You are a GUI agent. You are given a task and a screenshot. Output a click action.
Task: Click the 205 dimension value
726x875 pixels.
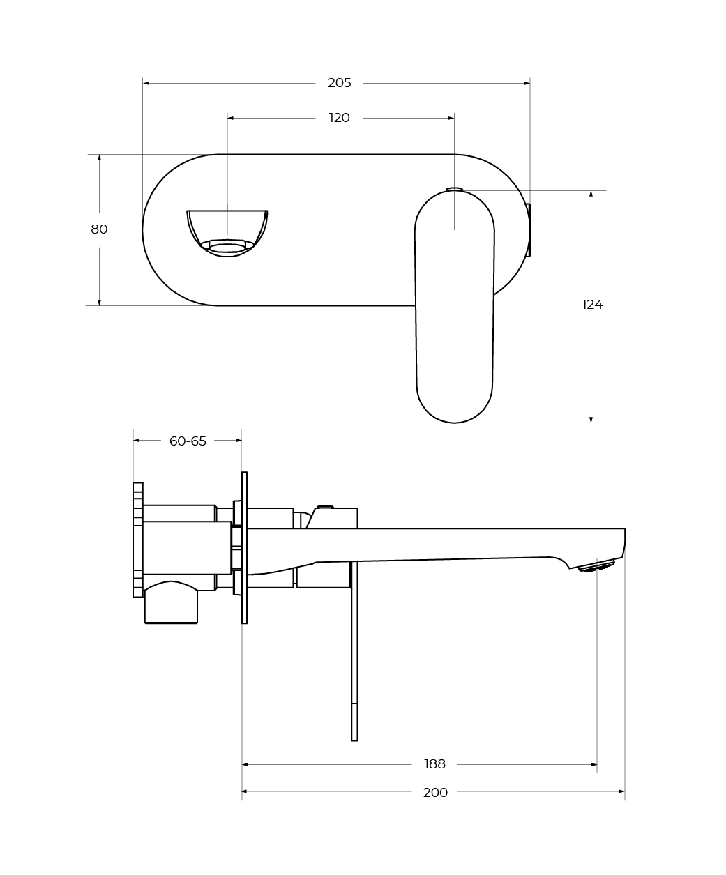pyautogui.click(x=339, y=83)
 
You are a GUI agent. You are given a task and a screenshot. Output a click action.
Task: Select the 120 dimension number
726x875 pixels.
pyautogui.click(x=339, y=118)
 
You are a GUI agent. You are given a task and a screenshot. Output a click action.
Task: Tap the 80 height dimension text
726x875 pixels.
pyautogui.click(x=99, y=229)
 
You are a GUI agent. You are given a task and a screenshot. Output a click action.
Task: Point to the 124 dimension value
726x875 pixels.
pyautogui.click(x=592, y=305)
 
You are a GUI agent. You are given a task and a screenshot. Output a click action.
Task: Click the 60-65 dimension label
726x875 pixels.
pyautogui.click(x=188, y=441)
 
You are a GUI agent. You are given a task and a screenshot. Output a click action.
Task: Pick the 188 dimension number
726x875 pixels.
pyautogui.click(x=434, y=764)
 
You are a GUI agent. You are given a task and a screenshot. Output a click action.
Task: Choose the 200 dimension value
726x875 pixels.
pyautogui.click(x=435, y=792)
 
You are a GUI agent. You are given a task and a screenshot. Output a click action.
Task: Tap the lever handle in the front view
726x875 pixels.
pyautogui.click(x=455, y=307)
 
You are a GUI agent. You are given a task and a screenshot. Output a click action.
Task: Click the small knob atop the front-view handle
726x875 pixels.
pyautogui.click(x=454, y=188)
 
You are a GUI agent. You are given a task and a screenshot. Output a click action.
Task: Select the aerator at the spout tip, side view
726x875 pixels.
pyautogui.click(x=597, y=565)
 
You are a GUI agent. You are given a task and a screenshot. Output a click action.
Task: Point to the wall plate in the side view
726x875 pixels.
pyautogui.click(x=244, y=547)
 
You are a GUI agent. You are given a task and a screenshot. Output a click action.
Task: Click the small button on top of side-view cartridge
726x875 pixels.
pyautogui.click(x=324, y=507)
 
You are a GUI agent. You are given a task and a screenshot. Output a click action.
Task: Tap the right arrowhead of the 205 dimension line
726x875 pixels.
pyautogui.click(x=527, y=83)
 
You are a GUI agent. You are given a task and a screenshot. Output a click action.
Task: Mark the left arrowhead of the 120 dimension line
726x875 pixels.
pyautogui.click(x=231, y=118)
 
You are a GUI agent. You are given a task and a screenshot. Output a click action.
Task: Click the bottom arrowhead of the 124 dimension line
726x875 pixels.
pyautogui.click(x=591, y=419)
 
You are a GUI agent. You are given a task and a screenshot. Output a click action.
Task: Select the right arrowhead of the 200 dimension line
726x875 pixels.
pyautogui.click(x=621, y=791)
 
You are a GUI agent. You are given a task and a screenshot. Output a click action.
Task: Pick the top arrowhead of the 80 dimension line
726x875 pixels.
pyautogui.click(x=99, y=158)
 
